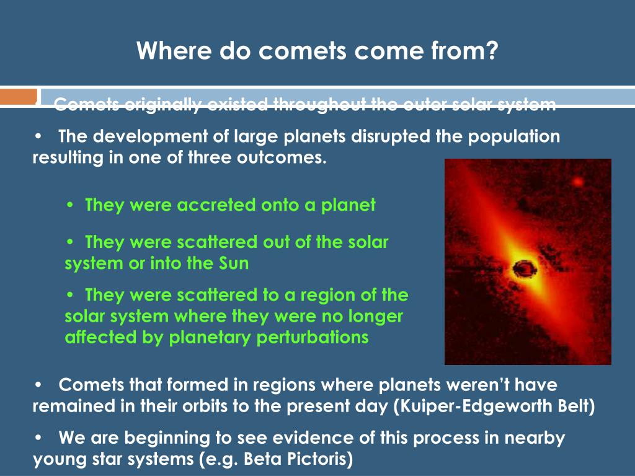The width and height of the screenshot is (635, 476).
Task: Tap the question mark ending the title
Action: tap(491, 50)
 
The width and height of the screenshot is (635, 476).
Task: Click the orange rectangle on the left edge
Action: tap(19, 97)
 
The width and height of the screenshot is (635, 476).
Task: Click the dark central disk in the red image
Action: tap(524, 268)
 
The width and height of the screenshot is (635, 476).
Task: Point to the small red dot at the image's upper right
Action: tap(578, 182)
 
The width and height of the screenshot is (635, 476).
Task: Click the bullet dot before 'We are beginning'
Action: tap(39, 438)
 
